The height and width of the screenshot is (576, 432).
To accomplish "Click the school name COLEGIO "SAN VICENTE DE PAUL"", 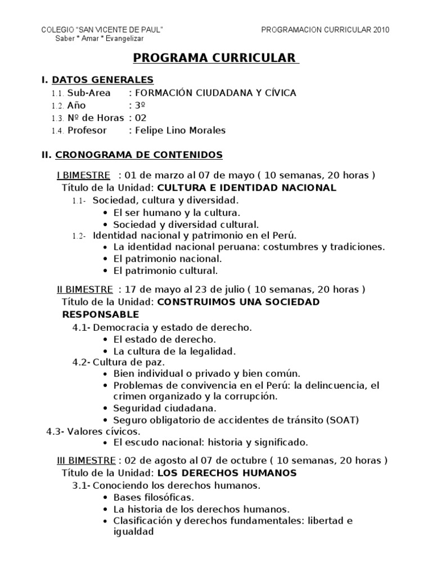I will (103, 30).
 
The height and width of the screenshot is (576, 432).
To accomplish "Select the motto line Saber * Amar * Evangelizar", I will (100, 38).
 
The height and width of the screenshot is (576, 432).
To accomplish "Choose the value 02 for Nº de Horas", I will (140, 118).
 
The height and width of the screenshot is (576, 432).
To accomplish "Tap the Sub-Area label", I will (89, 93).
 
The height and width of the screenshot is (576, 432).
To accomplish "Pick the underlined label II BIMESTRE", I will (85, 290).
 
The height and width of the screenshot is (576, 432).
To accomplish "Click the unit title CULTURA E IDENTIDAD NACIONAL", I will (246, 188).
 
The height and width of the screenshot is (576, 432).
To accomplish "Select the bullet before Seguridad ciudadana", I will (107, 408).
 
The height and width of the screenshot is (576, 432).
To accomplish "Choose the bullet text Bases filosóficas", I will (146, 497).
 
